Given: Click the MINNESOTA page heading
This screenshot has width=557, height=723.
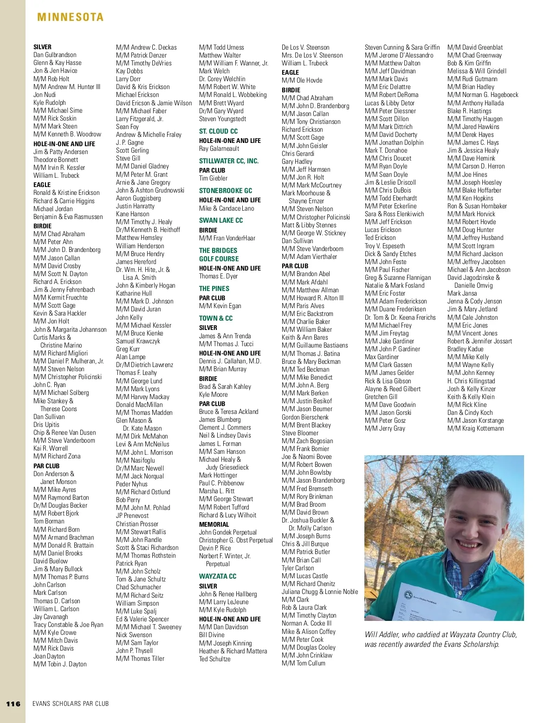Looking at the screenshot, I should point(70,17).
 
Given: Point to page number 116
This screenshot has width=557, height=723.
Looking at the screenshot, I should point(13,704).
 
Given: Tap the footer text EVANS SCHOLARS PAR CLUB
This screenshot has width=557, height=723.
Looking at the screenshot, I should point(71,704).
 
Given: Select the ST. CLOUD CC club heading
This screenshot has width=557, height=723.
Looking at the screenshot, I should point(218,131).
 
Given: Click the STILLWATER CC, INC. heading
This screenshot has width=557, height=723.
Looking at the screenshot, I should point(229,161).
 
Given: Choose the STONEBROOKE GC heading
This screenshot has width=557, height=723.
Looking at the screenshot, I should point(226,191).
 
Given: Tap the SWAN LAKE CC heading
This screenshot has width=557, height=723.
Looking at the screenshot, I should point(221,220).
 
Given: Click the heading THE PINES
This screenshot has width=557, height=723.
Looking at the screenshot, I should point(214,289).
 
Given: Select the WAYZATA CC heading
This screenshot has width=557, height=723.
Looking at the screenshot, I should point(218,576).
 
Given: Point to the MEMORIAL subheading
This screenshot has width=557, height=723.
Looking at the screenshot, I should point(214,524).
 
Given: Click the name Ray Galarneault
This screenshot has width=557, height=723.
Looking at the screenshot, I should point(219,149).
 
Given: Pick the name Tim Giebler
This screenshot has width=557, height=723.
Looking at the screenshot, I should point(213,178).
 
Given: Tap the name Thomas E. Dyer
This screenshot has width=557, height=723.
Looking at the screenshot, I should point(218,276).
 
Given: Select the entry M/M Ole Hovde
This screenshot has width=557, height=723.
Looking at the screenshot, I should point(302,80).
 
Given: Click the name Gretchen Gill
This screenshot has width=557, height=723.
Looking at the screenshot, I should point(381,397).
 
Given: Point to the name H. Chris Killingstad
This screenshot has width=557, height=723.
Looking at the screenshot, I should point(471,381).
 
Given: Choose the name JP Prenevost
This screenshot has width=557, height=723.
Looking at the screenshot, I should point(132,516).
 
